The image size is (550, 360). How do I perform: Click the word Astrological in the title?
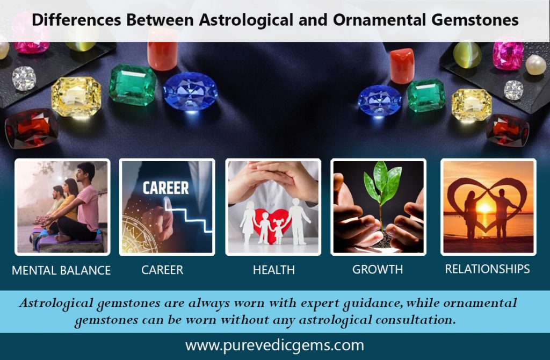(x=246, y=20)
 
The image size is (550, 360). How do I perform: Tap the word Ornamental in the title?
(x=379, y=20)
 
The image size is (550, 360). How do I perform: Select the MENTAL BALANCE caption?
(x=61, y=270)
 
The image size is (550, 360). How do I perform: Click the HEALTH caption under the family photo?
(x=273, y=270)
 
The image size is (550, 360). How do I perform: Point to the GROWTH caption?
(x=378, y=270)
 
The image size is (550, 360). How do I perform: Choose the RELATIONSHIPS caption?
(x=487, y=269)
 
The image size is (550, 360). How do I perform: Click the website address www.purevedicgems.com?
(x=274, y=345)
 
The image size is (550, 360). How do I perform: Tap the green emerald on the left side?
(x=133, y=84)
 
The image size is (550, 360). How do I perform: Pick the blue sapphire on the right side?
(x=380, y=100)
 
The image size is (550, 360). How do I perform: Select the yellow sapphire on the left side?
(x=76, y=97)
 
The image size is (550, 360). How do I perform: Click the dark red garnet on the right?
(x=508, y=130)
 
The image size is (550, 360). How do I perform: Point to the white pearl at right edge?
(x=535, y=64)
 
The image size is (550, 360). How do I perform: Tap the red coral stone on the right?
(x=402, y=66)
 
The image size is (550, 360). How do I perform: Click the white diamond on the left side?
(x=24, y=78)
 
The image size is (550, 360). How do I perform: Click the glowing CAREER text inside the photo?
(x=165, y=188)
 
